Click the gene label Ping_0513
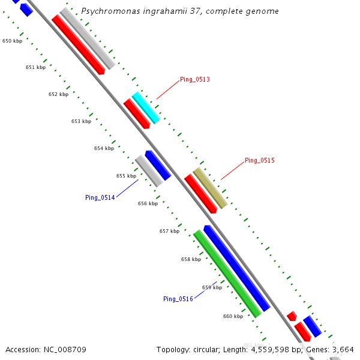[x=194, y=79]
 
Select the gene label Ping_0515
[x=259, y=160]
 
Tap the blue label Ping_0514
[x=100, y=197]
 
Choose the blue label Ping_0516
[x=178, y=299]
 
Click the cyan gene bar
[x=146, y=108]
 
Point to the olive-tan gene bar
[x=210, y=188]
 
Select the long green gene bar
[x=227, y=274]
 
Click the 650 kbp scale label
[x=12, y=41]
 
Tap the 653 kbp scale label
[x=81, y=121]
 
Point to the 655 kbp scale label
[x=126, y=176]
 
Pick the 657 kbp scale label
[x=169, y=231]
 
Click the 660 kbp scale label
[x=233, y=316]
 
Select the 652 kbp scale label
[x=58, y=94]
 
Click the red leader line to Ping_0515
[x=232, y=170]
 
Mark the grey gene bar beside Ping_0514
[x=148, y=170]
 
